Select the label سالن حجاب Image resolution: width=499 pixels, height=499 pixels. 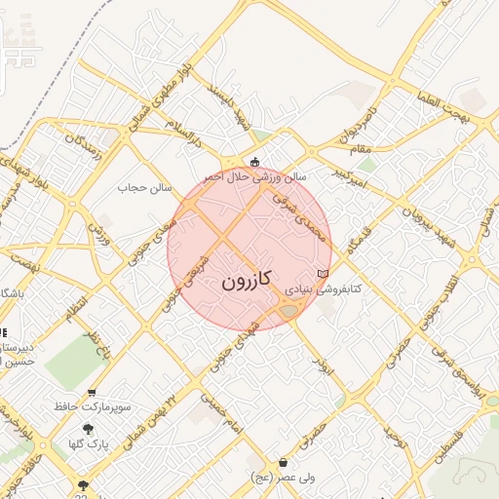coord(145,186)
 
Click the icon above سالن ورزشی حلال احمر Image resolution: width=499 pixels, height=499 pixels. coord(255,163)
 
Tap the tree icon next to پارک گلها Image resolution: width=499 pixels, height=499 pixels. coord(88,429)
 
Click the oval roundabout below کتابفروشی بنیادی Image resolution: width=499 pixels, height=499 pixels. coord(289,311)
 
